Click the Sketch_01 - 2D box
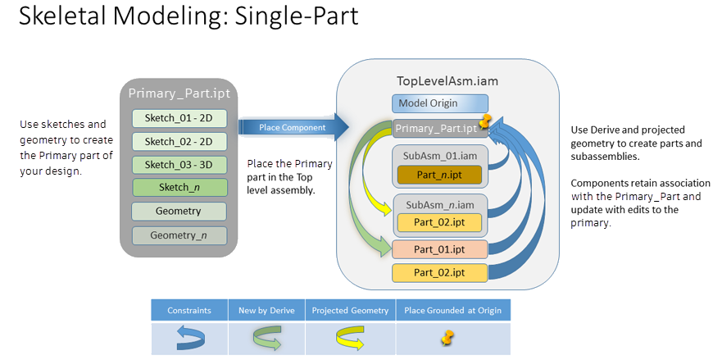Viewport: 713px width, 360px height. (x=179, y=118)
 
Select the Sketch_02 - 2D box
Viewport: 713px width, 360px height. (x=179, y=141)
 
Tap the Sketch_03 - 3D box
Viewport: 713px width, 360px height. (x=179, y=164)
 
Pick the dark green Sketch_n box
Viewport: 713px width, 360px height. (x=179, y=188)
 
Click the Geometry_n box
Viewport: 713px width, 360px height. (x=179, y=235)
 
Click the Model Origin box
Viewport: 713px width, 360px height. (x=439, y=103)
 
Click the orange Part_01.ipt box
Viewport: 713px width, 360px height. (x=439, y=249)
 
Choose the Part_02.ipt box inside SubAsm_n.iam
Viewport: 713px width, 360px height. (x=439, y=222)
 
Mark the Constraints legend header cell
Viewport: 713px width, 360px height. (x=189, y=311)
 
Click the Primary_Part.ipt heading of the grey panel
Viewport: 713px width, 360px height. (x=179, y=93)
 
